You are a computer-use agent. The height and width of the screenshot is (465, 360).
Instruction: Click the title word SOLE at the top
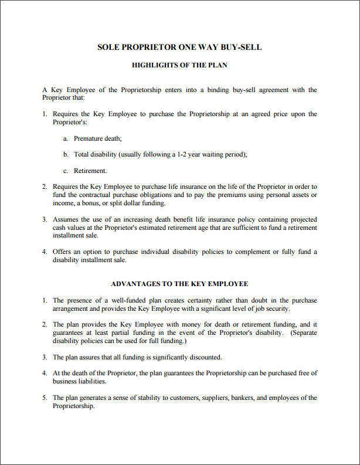click(x=108, y=47)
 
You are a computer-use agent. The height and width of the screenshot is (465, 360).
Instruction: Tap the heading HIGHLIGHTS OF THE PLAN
click(x=179, y=65)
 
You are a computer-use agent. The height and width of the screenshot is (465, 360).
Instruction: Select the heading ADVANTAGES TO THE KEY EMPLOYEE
click(x=179, y=284)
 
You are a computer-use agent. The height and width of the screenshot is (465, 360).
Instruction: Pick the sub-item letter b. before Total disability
click(x=66, y=155)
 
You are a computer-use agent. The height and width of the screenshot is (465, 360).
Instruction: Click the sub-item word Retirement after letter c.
click(x=90, y=171)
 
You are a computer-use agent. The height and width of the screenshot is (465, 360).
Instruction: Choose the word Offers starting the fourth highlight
click(x=62, y=252)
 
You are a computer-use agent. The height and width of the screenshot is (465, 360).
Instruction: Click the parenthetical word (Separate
click(x=303, y=332)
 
